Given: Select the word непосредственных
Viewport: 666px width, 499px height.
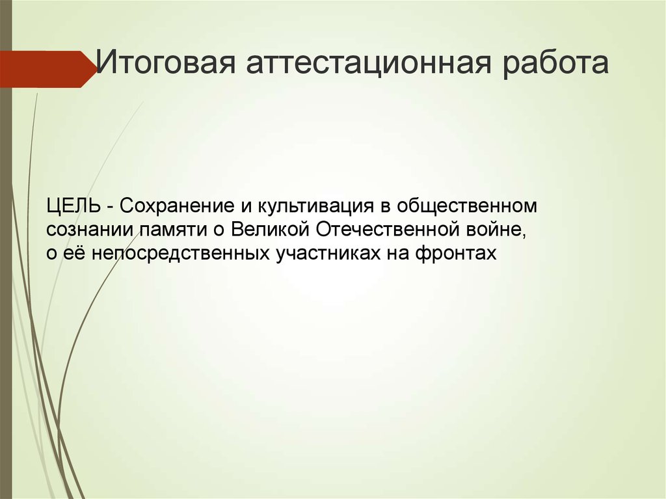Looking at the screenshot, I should (177, 253).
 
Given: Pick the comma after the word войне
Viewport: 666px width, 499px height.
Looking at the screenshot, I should (522, 235).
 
